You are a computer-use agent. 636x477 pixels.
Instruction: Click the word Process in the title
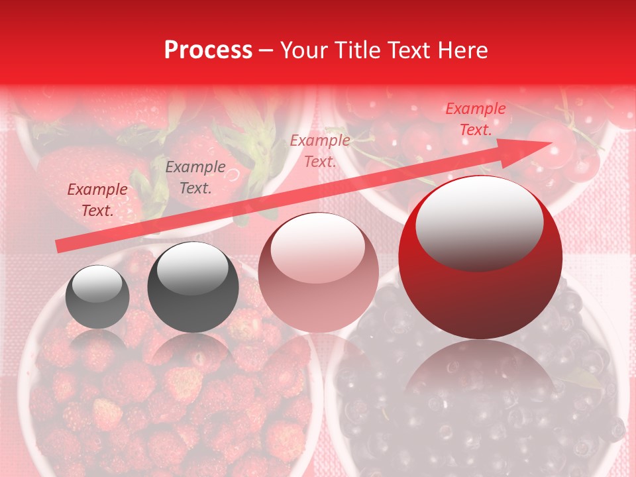pos(208,50)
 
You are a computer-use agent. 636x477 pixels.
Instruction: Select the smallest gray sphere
pos(97,296)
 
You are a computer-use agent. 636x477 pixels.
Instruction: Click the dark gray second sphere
pos(193,287)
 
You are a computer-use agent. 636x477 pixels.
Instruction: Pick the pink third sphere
pos(318,272)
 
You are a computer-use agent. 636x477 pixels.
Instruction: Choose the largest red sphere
pos(480,257)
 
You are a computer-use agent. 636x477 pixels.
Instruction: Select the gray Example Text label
pos(195,178)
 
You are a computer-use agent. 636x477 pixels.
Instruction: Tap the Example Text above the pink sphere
pos(320,150)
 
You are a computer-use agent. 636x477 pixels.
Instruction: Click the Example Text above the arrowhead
pos(475,119)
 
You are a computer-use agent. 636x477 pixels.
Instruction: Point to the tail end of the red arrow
pos(60,246)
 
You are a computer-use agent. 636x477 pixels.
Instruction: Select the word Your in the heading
pos(303,50)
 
